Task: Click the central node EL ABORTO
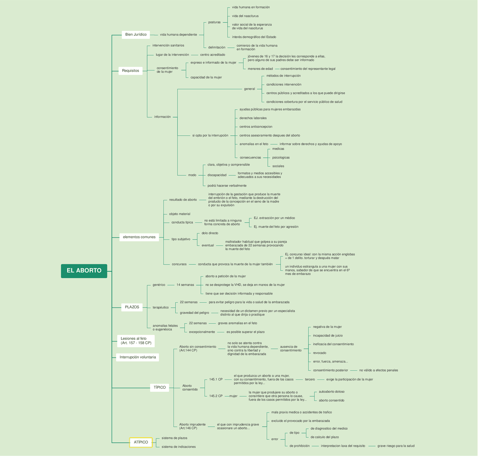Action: (x=84, y=271)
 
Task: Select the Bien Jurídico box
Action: (x=136, y=35)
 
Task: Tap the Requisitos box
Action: (x=130, y=71)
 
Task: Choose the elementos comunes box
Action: (x=139, y=237)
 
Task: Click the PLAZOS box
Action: (x=132, y=307)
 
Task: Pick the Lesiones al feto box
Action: (x=136, y=341)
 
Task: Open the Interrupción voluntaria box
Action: (x=137, y=357)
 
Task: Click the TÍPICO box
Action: (x=159, y=388)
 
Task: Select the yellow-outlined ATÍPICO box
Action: (x=141, y=442)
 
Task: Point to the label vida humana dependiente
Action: (x=178, y=35)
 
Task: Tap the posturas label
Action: (x=214, y=22)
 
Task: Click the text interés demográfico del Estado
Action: (x=254, y=37)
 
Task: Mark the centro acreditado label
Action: (x=212, y=55)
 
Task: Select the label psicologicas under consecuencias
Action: (x=281, y=157)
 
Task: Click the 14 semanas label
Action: (x=185, y=285)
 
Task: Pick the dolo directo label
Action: (x=210, y=233)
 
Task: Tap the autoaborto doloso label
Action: (x=332, y=392)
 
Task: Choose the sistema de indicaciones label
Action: (x=179, y=447)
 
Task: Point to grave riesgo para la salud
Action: (x=396, y=446)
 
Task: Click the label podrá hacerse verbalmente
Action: (x=227, y=186)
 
